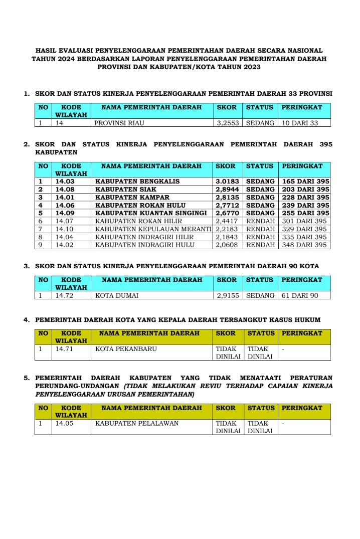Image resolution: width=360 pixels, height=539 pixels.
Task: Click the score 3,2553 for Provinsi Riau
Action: pos(228,122)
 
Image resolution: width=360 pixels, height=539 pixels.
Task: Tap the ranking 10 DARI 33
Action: pos(300,122)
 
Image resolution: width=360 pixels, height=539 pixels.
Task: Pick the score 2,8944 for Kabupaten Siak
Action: pos(227,189)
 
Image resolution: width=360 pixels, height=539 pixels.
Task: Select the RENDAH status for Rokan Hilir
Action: pos(260,221)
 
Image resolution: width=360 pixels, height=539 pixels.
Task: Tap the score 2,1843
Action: pos(227,237)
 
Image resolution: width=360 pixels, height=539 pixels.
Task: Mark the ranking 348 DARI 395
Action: pos(304,245)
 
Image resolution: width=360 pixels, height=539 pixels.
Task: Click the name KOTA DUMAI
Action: pos(117,296)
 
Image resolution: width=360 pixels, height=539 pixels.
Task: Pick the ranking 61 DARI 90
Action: pos(300,296)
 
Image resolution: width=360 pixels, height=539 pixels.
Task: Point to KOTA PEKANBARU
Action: pos(126,349)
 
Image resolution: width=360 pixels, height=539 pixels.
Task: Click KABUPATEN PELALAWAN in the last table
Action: pos(137,424)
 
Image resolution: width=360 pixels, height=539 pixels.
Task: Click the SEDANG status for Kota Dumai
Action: pos(260,296)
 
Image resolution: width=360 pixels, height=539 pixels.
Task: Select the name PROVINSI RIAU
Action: pos(123,122)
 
